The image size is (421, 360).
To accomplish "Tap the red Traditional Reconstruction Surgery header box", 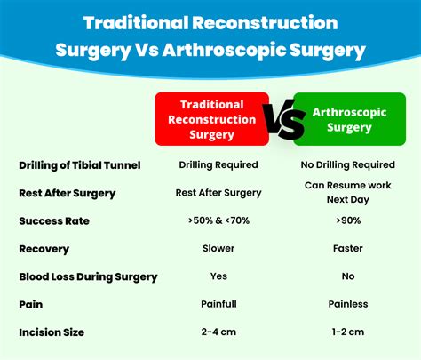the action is click(212, 119).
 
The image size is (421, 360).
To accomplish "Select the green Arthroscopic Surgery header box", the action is click(349, 119).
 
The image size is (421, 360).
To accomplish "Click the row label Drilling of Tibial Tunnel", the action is click(80, 165).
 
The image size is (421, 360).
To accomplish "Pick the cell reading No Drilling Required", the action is click(348, 164).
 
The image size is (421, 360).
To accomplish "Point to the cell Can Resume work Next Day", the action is click(348, 192).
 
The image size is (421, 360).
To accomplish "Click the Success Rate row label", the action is click(54, 221).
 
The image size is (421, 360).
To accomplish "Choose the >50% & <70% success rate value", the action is click(218, 220).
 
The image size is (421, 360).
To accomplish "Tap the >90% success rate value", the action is click(348, 220).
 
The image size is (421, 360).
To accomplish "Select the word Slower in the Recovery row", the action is click(218, 248).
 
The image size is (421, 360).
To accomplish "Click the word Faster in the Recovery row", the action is click(348, 248).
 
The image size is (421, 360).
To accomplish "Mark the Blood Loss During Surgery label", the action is click(88, 277).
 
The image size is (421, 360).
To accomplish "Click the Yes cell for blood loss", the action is click(218, 276).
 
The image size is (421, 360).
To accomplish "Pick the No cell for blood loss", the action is click(348, 276).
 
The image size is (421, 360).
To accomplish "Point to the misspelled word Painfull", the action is click(218, 304).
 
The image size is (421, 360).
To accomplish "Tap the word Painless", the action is click(348, 304).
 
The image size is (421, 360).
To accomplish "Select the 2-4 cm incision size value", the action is click(218, 332).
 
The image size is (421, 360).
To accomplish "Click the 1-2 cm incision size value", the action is click(348, 332).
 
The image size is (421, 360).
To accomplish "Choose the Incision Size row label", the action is click(52, 332).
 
